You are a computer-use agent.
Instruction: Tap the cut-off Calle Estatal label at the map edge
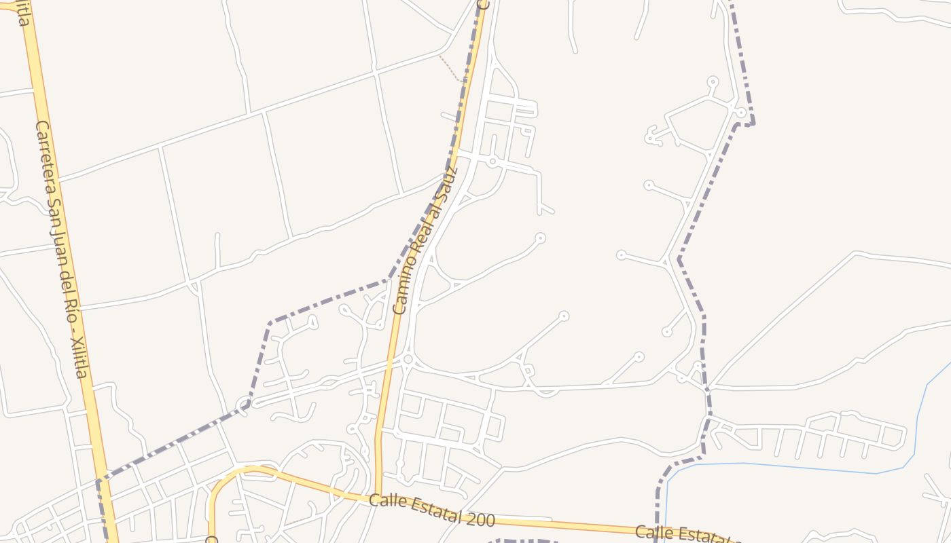tap(686, 535)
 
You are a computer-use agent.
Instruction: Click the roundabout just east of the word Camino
tap(408, 359)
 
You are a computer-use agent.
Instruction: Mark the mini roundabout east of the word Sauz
tap(492, 162)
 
